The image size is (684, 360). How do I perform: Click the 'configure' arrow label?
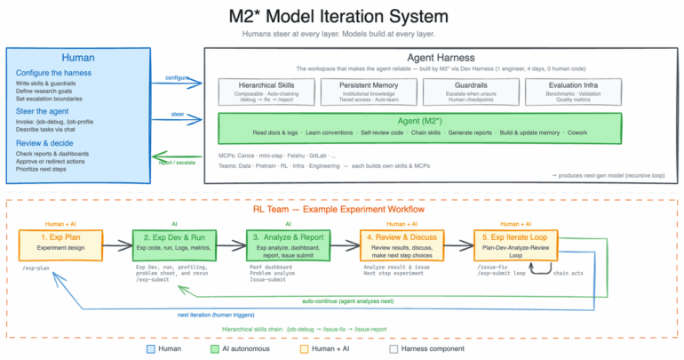point(177,77)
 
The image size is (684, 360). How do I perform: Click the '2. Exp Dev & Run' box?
point(174,242)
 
